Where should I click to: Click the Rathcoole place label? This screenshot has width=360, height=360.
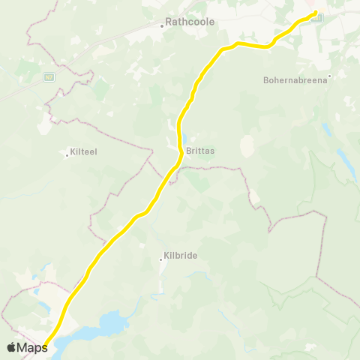tap(190, 22)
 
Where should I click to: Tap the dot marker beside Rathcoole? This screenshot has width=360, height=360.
tap(162, 25)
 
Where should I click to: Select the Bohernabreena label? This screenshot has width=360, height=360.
tap(295, 79)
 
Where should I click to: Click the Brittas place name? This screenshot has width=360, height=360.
tap(200, 150)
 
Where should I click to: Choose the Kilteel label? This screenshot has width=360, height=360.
tap(83, 151)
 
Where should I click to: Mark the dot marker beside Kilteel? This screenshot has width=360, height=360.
tap(67, 155)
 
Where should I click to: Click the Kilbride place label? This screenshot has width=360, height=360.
tap(180, 256)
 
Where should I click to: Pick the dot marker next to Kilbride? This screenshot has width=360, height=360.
tap(160, 259)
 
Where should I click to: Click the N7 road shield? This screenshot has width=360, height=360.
tap(49, 76)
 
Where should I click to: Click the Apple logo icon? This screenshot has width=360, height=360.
tap(12, 346)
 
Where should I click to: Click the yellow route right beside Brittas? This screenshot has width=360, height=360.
tap(179, 150)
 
